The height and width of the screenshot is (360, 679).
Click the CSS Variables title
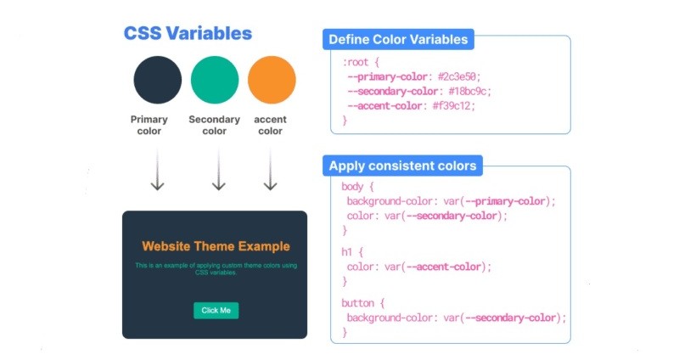(188, 34)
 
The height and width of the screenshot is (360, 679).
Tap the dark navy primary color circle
(157, 80)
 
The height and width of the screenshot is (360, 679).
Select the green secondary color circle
(215, 80)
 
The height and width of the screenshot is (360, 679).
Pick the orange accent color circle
(272, 80)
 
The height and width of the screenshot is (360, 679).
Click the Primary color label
(149, 126)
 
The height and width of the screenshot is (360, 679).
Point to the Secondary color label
(215, 126)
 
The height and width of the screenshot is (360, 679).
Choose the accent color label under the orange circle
(270, 126)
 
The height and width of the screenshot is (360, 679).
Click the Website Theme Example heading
(216, 246)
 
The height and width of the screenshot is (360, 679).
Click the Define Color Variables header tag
(398, 40)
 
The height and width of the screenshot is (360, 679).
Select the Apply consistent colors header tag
(402, 166)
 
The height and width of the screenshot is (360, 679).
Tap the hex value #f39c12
(453, 106)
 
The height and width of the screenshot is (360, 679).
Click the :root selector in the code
(356, 62)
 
